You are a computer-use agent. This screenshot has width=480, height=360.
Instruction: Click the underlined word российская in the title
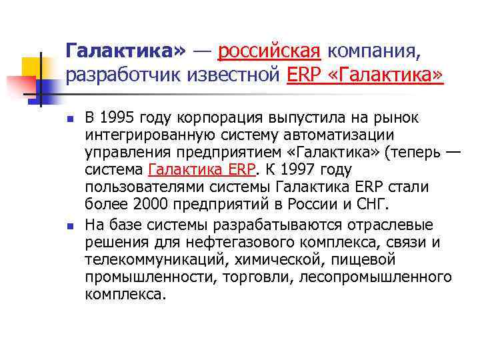270,50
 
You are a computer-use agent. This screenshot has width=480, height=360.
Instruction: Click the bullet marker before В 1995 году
69,120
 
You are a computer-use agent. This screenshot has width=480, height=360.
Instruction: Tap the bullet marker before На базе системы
69,224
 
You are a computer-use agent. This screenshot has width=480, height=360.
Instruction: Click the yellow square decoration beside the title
31,67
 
